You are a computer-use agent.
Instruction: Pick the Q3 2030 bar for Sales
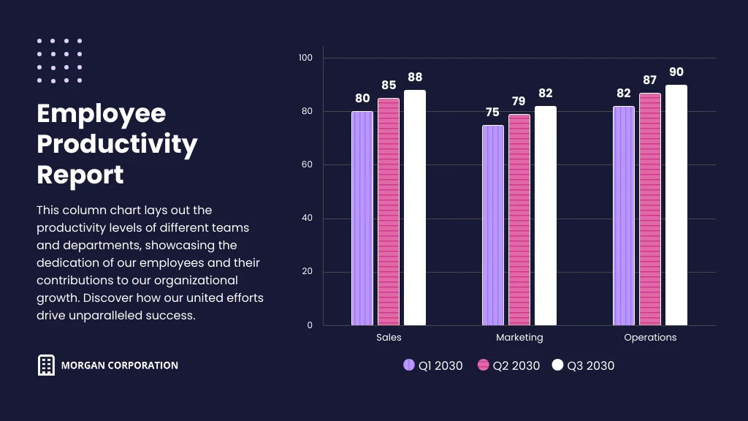415,208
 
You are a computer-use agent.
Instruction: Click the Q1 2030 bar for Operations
624,216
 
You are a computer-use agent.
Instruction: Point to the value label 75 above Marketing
492,113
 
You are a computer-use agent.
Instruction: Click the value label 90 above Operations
676,72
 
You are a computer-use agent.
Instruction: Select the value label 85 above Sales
389,86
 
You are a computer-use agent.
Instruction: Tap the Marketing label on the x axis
519,338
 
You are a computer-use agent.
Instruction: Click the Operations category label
650,338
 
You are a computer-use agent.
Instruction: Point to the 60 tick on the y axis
308,165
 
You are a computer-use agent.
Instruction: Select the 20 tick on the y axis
308,272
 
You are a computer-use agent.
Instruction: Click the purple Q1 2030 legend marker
409,365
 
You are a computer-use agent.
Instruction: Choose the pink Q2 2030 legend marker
483,365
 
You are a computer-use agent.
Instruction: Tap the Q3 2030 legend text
591,365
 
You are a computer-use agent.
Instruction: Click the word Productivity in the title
117,145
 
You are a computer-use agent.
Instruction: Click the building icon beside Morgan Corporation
46,365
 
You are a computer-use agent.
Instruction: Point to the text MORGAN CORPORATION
120,365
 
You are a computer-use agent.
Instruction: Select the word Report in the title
80,175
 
